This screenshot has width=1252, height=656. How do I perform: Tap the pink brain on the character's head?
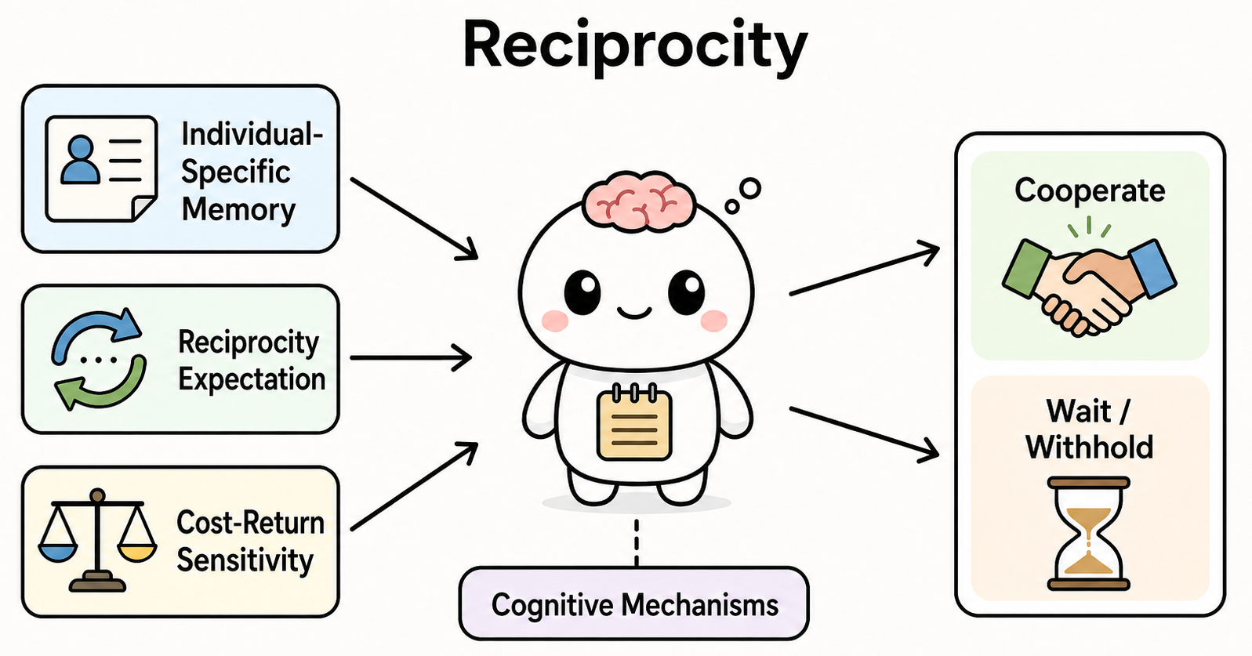point(639,201)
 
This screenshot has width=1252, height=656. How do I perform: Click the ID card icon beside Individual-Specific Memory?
point(101,169)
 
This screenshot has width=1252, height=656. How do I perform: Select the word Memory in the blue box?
point(238,209)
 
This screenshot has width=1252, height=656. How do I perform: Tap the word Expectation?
point(252,379)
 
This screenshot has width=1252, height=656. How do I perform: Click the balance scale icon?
point(97,540)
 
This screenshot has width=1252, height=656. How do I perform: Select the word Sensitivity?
point(245,560)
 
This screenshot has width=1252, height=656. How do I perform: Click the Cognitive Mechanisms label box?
point(633,603)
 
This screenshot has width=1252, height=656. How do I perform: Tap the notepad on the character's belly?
point(634,422)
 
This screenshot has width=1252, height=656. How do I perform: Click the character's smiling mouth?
point(634,313)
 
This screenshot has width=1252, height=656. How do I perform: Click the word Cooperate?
point(1090,190)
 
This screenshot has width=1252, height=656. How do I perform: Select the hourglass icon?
point(1088,534)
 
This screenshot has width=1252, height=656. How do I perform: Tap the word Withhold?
point(1090,447)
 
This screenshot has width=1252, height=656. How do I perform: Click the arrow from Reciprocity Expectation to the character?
point(411,357)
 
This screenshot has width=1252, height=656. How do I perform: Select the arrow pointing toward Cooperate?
point(864,270)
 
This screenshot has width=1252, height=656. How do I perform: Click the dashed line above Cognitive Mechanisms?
point(637,543)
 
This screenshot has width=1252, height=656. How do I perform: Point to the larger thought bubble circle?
point(750,188)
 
